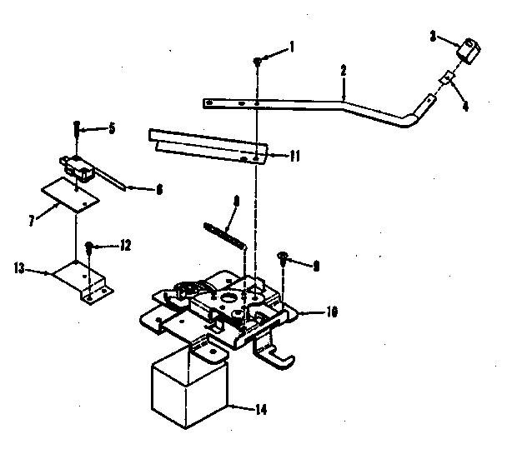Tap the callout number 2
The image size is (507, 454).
(343, 71)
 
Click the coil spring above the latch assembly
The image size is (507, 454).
(223, 231)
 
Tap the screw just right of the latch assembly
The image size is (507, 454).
(285, 260)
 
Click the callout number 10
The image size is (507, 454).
(332, 313)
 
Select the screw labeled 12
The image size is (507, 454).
(89, 247)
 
